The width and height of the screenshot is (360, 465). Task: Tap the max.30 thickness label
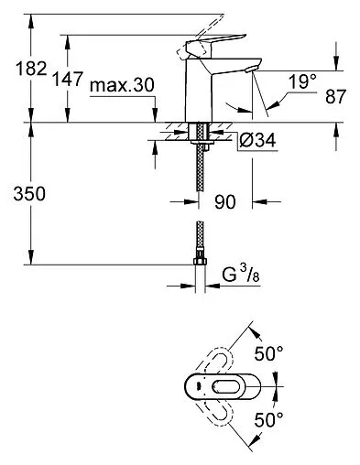tap(122, 85)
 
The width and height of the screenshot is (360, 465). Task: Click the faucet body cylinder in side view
tap(199, 92)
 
